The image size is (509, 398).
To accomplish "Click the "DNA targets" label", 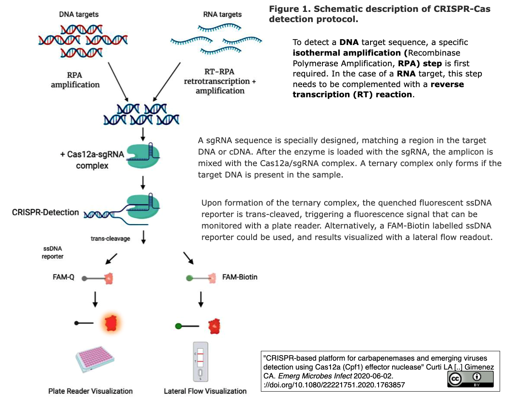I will click(79, 14).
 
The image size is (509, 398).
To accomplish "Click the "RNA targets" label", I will click(222, 14).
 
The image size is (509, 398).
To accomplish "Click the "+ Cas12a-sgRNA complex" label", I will click(92, 160).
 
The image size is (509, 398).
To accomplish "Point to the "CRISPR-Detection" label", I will click(45, 212).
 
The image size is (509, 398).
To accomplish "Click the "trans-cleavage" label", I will click(110, 239).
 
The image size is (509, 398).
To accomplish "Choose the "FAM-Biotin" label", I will click(240, 277).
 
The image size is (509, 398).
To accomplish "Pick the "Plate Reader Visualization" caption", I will click(90, 391).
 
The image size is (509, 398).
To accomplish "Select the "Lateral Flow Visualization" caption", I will click(205, 391).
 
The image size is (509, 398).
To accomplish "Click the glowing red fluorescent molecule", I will click(110, 324).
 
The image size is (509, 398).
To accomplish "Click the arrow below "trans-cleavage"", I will click(144, 237).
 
